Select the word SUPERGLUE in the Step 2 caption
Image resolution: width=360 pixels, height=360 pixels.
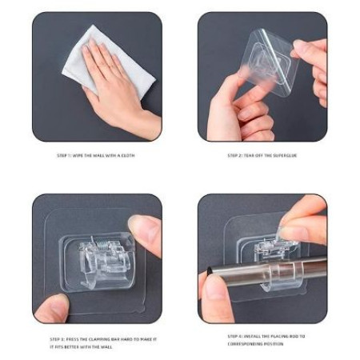(284, 155)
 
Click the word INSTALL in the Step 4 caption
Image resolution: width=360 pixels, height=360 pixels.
(248, 337)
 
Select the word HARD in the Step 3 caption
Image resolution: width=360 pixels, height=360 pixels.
(122, 338)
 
